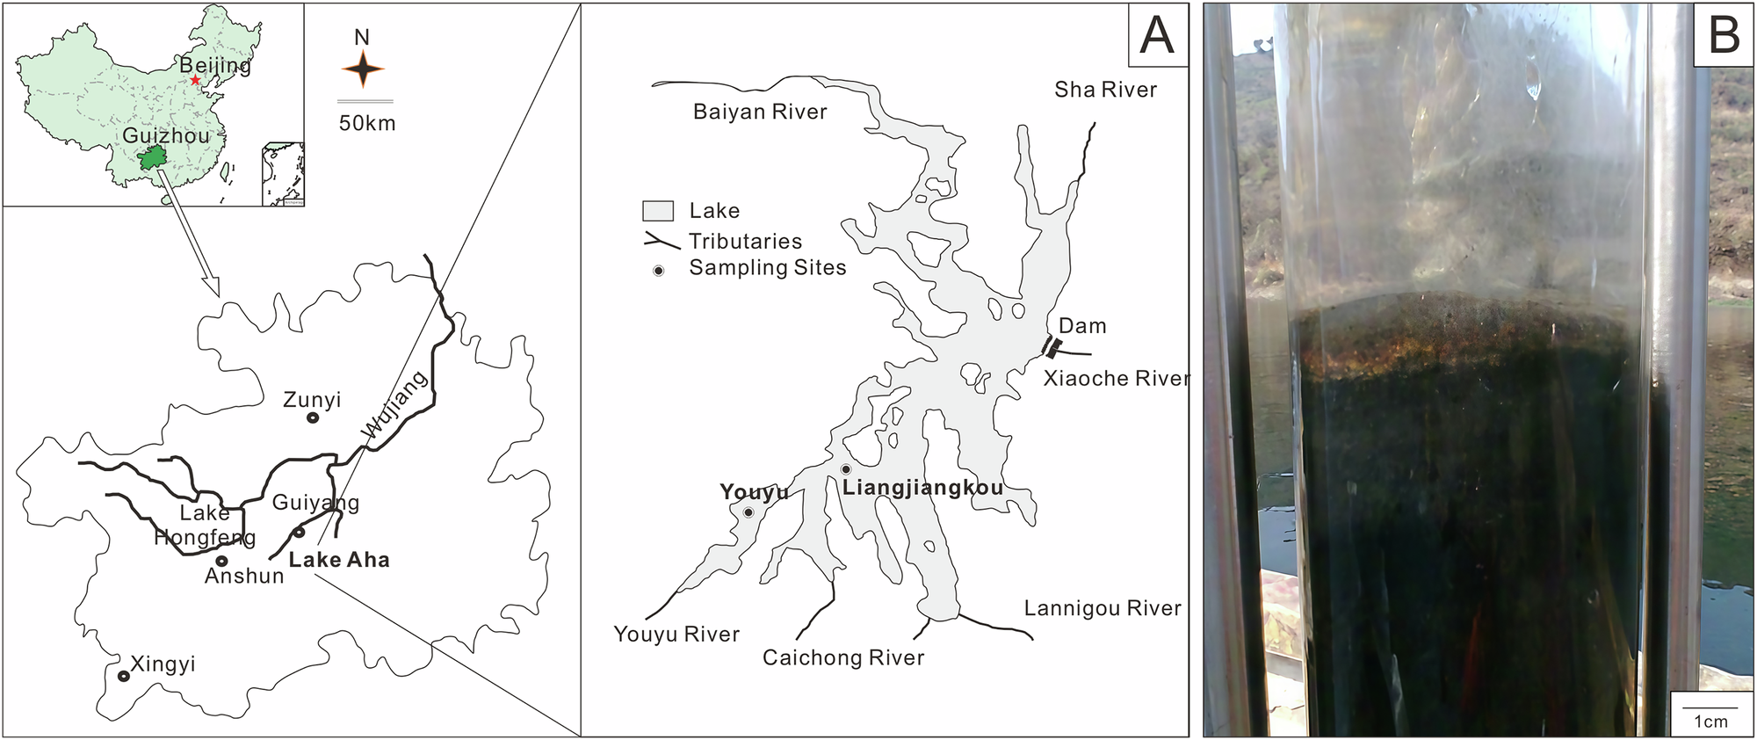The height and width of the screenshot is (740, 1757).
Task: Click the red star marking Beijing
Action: pos(195,80)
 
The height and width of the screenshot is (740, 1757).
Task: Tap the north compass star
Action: pos(362,69)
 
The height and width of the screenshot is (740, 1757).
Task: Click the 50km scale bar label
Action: pos(367,123)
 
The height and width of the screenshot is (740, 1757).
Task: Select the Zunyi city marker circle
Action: pos(313,418)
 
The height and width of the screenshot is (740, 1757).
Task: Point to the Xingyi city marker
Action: pos(124,676)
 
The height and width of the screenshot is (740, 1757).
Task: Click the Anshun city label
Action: pos(244,577)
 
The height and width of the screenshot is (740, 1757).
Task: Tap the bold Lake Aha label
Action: pos(339,560)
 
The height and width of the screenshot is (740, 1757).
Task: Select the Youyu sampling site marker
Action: pos(748,512)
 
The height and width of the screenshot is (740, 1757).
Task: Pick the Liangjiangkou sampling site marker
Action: pos(846,469)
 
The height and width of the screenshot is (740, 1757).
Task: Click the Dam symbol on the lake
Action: pos(1052,348)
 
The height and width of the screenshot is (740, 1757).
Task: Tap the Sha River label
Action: pos(1105,90)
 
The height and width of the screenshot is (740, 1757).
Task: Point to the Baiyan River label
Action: pos(760,112)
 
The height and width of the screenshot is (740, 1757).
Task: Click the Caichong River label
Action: pos(843,658)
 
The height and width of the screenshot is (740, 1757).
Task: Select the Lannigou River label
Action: pos(1103,608)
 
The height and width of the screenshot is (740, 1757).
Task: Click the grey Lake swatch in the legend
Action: pos(658,211)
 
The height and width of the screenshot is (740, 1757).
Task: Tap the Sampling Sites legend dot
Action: pos(658,271)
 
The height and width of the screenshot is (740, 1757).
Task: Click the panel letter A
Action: pos(1156,35)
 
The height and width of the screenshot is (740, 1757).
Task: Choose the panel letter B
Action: pos(1724,35)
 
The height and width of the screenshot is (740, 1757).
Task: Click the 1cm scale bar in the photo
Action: pos(1710,707)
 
